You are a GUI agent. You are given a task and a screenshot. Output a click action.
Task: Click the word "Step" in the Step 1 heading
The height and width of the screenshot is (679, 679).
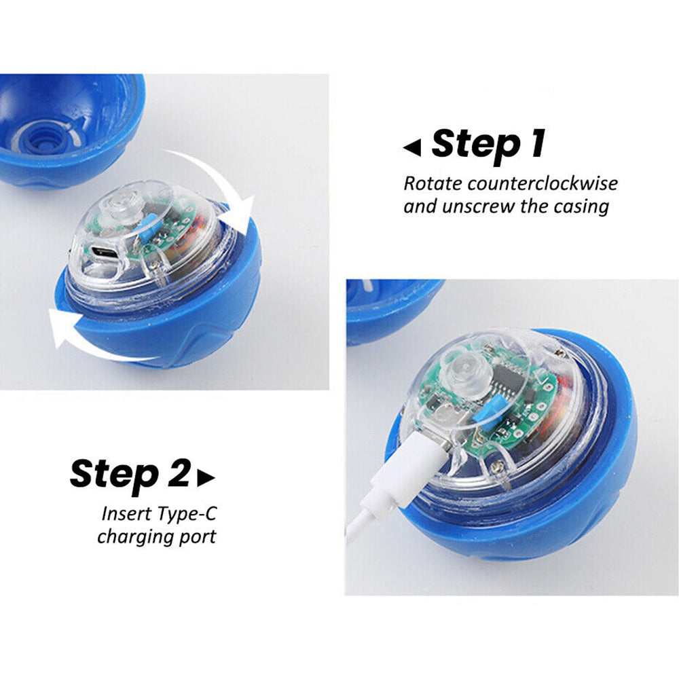tap(476, 146)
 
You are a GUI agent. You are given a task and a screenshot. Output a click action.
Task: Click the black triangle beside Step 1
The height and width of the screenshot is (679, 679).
tap(412, 147)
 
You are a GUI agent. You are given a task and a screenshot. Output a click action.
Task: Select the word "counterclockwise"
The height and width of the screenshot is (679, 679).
tap(543, 183)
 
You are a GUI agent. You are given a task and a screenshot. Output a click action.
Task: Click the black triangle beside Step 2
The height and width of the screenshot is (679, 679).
tap(206, 477)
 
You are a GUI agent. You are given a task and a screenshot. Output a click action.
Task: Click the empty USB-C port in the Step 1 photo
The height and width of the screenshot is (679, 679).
tap(103, 252)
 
